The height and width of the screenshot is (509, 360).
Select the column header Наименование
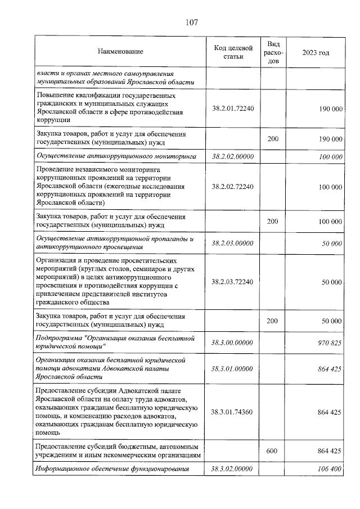[x=120, y=52]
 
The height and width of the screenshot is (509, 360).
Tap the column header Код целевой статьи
[x=233, y=52]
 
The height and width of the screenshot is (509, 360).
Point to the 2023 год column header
[x=316, y=52]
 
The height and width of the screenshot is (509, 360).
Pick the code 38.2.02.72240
[x=233, y=186]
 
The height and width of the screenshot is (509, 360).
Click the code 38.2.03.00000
[x=233, y=243]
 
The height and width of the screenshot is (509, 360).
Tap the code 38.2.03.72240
[x=233, y=282]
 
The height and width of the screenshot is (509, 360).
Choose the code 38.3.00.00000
[x=233, y=341]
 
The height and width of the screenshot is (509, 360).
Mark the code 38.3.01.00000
[x=233, y=368]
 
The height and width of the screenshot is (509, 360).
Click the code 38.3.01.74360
[x=233, y=412]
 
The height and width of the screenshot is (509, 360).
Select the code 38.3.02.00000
[x=233, y=469]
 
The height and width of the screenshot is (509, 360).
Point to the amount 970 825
[x=330, y=341]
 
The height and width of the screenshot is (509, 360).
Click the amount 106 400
[x=330, y=469]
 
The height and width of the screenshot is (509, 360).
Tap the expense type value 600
[x=273, y=451]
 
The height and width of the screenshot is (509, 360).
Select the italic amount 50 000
[x=332, y=243]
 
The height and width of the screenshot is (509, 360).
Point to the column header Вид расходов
[x=273, y=52]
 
